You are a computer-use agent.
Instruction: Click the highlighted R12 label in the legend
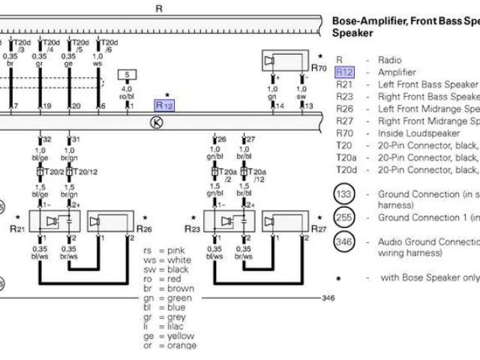click(344, 73)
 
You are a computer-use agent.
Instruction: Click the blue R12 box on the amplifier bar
click(164, 105)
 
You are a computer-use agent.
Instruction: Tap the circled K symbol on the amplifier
click(156, 122)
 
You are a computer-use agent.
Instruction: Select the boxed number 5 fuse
click(127, 76)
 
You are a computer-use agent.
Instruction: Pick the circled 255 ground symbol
click(343, 218)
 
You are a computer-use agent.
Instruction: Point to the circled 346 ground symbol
click(343, 243)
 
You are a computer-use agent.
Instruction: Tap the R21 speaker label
click(19, 227)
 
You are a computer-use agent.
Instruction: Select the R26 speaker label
click(146, 227)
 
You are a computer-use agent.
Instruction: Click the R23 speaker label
click(192, 227)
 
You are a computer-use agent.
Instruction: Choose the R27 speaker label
click(319, 227)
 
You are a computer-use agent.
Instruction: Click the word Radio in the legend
click(391, 60)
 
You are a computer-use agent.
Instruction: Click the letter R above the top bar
click(158, 8)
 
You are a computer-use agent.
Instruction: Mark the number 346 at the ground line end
click(328, 298)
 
